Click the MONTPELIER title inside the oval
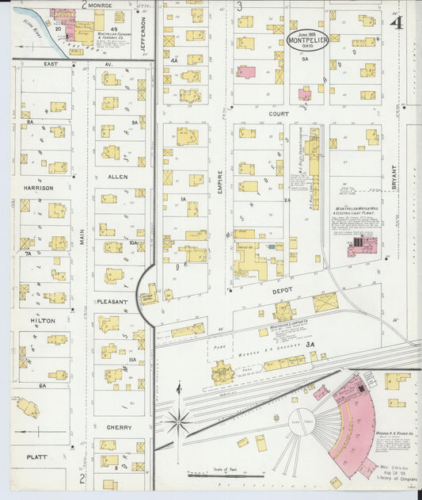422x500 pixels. [308, 40]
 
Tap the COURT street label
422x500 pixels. [277, 113]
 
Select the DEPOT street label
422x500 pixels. [283, 290]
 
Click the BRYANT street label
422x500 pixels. [393, 179]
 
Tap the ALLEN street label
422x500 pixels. [118, 177]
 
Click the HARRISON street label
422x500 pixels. [38, 188]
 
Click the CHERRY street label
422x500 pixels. [118, 426]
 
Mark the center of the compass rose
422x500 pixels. [179, 421]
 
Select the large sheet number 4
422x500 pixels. [395, 23]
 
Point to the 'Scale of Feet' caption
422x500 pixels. [227, 469]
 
